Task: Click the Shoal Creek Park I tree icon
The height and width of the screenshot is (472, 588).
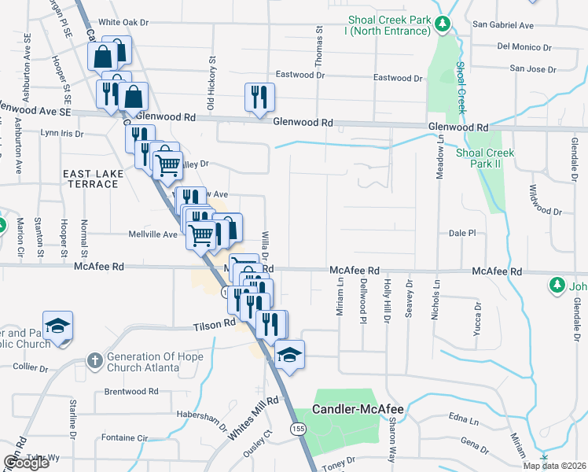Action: tap(443, 24)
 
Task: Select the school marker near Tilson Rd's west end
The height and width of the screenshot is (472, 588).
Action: tap(57, 326)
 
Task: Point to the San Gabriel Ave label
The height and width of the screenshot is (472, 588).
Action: tap(505, 24)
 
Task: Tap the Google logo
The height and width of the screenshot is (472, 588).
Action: tap(26, 462)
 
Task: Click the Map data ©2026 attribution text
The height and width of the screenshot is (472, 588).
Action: tap(554, 466)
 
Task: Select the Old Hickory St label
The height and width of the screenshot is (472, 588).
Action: tap(211, 83)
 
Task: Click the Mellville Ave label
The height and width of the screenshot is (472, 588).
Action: tap(153, 234)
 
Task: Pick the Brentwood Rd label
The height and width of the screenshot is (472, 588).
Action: tap(132, 391)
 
